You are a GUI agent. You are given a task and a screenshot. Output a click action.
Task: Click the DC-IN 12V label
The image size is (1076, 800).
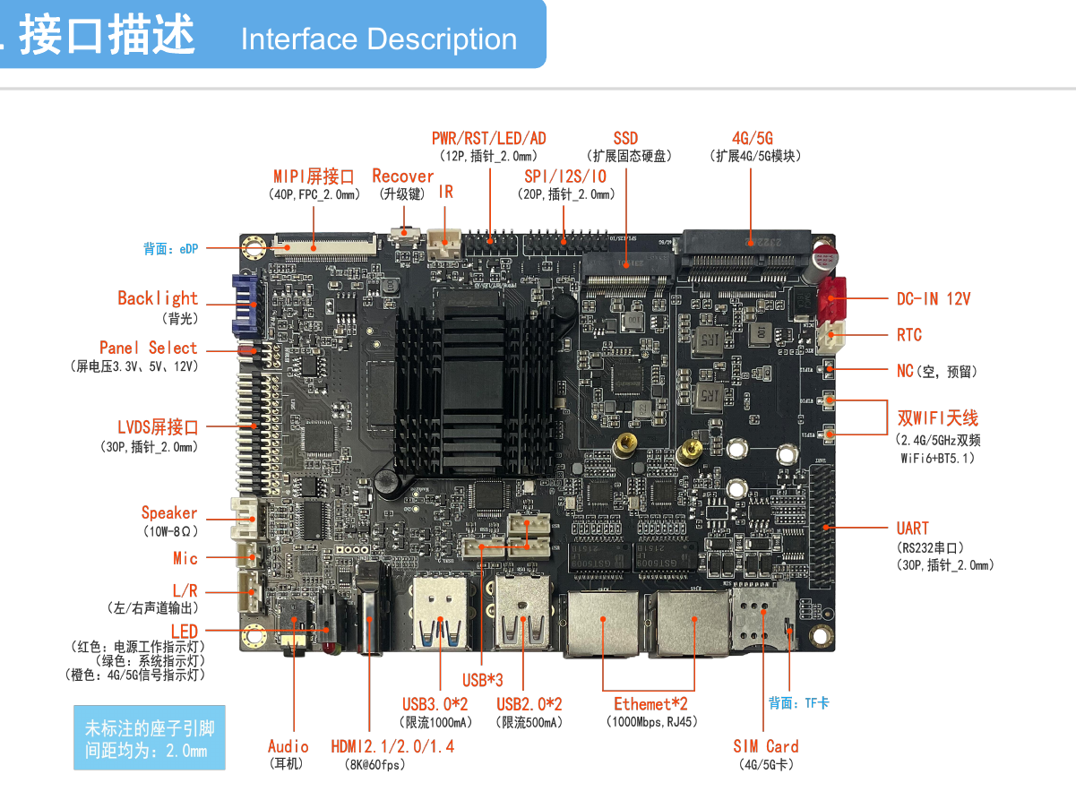point(934,298)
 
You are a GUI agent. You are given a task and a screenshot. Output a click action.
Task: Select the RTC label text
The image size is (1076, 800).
point(908,335)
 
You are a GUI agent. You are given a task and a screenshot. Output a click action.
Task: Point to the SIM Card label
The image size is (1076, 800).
point(765,746)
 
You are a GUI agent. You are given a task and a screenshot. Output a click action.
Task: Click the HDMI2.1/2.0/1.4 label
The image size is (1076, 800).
point(392,746)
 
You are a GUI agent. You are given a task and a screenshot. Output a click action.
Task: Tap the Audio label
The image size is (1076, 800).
point(288,746)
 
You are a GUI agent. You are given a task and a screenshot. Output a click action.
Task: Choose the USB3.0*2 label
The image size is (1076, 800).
point(435,705)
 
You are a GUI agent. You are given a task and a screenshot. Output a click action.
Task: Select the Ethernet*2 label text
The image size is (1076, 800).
point(650,704)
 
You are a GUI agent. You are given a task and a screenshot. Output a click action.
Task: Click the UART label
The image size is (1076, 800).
point(912,529)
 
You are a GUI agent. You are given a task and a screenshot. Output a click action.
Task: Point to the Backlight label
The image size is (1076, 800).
point(158,298)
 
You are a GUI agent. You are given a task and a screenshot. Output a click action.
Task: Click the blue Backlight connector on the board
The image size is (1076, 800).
point(244,301)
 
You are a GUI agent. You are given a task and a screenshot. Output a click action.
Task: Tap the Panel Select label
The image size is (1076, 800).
point(148,348)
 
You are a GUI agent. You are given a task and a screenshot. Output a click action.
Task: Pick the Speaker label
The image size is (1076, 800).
point(168,513)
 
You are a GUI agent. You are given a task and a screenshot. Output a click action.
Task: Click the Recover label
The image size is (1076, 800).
point(402,176)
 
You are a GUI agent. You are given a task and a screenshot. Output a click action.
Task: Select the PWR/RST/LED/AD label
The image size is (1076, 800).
point(488,138)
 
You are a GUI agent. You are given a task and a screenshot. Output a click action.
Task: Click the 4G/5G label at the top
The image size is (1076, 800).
point(752,138)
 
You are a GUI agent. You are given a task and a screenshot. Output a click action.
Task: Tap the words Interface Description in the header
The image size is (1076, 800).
point(378,39)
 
